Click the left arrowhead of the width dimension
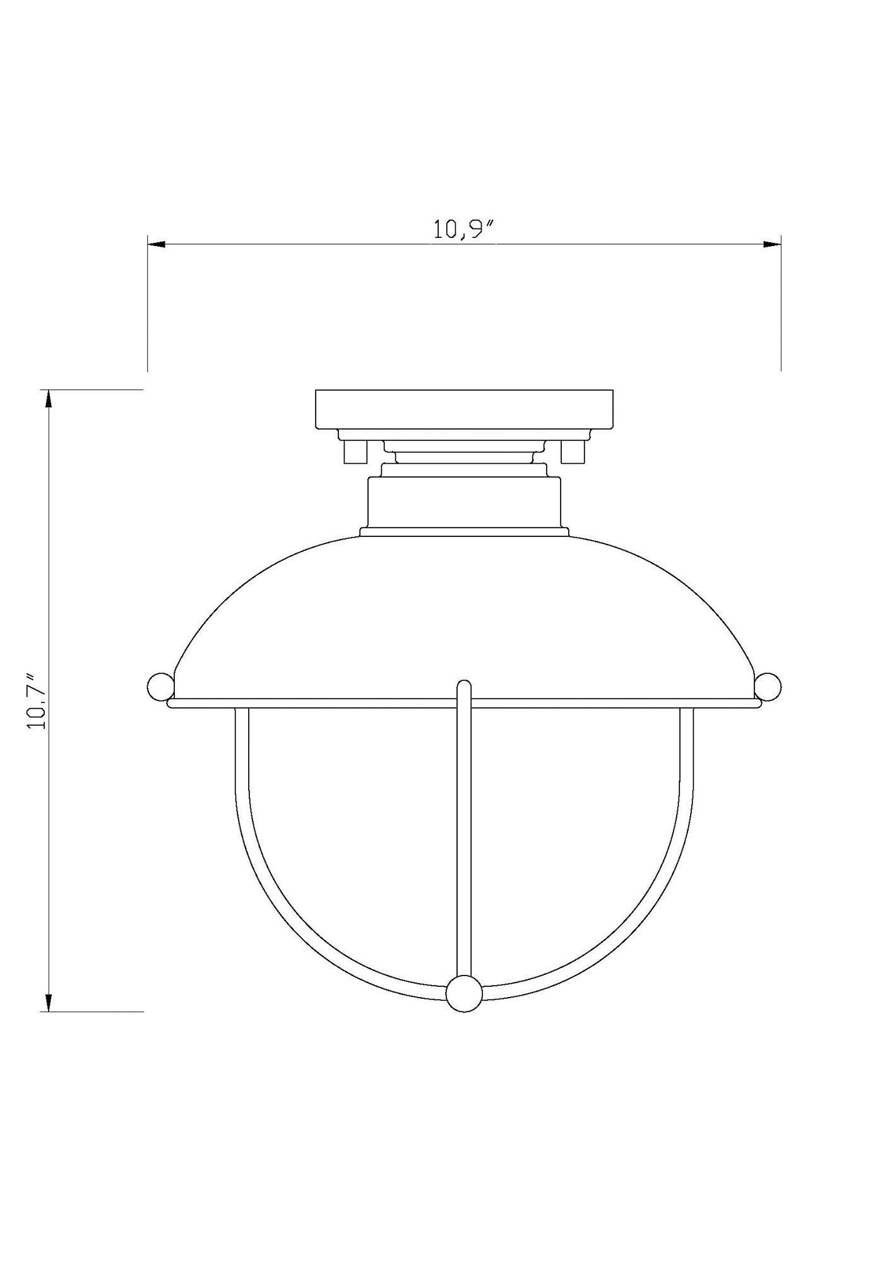pos(157,244)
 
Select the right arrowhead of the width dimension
pos(772,244)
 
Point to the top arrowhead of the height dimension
pos(49,399)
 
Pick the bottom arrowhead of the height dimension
pos(49,1020)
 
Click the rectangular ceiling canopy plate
pos(464,409)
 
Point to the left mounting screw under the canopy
pos(354,451)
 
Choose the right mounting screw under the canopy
pos(573,451)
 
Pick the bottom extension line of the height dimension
pos(95,1029)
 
